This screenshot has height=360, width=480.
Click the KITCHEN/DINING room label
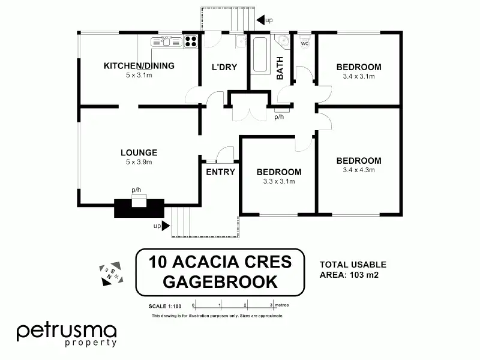[x=139, y=66]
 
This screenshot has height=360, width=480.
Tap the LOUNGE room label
[x=139, y=152]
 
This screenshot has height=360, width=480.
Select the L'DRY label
[x=224, y=67]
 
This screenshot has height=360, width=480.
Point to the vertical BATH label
[x=280, y=68]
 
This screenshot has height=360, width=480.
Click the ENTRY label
[x=220, y=172]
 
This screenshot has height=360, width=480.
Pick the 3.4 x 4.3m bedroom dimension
[x=359, y=170]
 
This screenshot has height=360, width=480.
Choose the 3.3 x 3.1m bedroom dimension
[x=279, y=181]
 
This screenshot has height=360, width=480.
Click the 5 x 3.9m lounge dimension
[x=139, y=162]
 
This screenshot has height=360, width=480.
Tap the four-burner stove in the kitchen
[x=191, y=41]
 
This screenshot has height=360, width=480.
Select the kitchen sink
[x=166, y=41]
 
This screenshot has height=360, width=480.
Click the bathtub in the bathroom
[x=260, y=54]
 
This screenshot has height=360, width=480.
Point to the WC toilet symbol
[x=305, y=42]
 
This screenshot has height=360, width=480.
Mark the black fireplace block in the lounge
[x=139, y=208]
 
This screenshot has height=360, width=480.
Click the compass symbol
[x=111, y=274]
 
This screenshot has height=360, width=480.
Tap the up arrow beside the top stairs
[x=260, y=20]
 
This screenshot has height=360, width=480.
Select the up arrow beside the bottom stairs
[x=166, y=226]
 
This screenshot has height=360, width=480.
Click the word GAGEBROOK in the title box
[x=220, y=282]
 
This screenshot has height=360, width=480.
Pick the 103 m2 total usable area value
[x=364, y=275]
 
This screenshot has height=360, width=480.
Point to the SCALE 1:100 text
[x=165, y=306]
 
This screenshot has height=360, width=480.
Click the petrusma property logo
[x=67, y=335]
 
